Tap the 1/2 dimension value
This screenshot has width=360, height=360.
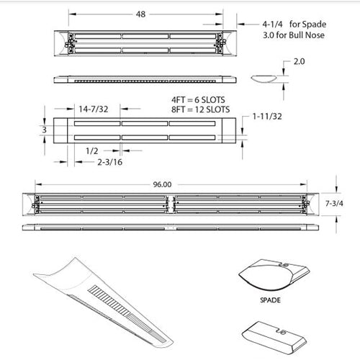[x=91, y=150]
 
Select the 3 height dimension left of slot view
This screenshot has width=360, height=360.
[x=45, y=130]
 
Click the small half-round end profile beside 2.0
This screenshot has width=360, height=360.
[x=265, y=77]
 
